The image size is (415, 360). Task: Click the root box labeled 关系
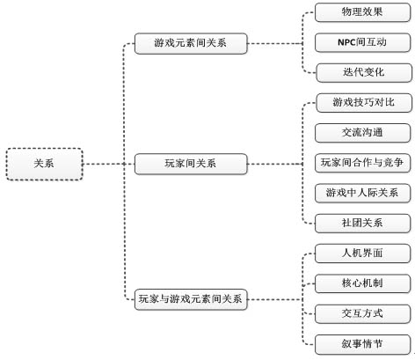pyautogui.click(x=44, y=164)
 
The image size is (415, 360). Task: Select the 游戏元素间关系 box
pyautogui.click(x=191, y=43)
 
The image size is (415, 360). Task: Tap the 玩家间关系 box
pyautogui.click(x=191, y=164)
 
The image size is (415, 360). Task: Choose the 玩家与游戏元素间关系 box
pyautogui.click(x=191, y=299)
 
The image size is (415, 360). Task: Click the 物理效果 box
pyautogui.click(x=362, y=12)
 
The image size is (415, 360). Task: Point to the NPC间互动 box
pyautogui.click(x=362, y=42)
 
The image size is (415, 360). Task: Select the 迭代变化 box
pyautogui.click(x=364, y=72)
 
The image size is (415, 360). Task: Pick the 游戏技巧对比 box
pyautogui.click(x=364, y=103)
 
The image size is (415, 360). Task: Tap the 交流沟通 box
pyautogui.click(x=362, y=133)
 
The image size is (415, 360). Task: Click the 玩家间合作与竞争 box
pyautogui.click(x=362, y=163)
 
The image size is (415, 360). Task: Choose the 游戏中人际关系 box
pyautogui.click(x=362, y=193)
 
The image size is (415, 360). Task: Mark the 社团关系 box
pyautogui.click(x=362, y=224)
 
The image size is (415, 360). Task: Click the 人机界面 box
pyautogui.click(x=362, y=253)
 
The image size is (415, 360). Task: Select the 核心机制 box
pyautogui.click(x=362, y=283)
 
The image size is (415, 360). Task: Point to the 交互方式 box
pyautogui.click(x=362, y=313)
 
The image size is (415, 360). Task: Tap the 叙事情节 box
pyautogui.click(x=362, y=344)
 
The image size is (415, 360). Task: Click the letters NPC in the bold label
pyautogui.click(x=346, y=42)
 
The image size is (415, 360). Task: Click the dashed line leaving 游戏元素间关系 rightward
pyautogui.click(x=275, y=43)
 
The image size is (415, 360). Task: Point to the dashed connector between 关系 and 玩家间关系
pyautogui.click(x=109, y=164)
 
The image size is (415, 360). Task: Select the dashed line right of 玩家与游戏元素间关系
pyautogui.click(x=275, y=299)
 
